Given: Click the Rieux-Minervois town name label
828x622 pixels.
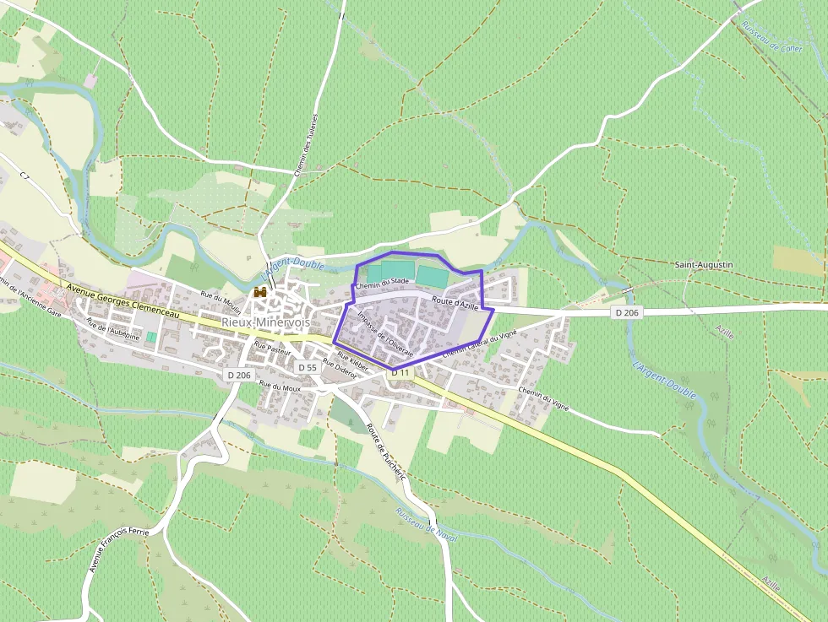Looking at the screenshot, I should (265, 322).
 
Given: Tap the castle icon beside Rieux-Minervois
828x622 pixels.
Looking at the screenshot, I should (260, 292).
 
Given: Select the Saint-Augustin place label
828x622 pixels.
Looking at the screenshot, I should (704, 265).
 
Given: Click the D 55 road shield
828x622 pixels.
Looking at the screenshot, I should (308, 368).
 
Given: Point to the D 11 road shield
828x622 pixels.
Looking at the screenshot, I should (400, 373).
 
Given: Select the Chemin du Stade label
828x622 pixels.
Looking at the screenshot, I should (382, 284).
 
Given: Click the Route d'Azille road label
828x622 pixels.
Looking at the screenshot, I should (455, 302).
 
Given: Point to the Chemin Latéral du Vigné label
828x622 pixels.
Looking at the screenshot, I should (479, 343).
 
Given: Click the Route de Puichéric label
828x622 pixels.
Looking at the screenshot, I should (387, 453).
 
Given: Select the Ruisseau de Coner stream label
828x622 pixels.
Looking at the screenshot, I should (771, 36).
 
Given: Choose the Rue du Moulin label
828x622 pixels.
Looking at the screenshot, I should (221, 302).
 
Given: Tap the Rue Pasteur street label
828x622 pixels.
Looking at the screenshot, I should (272, 349).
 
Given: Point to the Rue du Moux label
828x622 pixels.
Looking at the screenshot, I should (280, 386).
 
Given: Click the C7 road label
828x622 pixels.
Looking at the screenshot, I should (25, 175).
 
